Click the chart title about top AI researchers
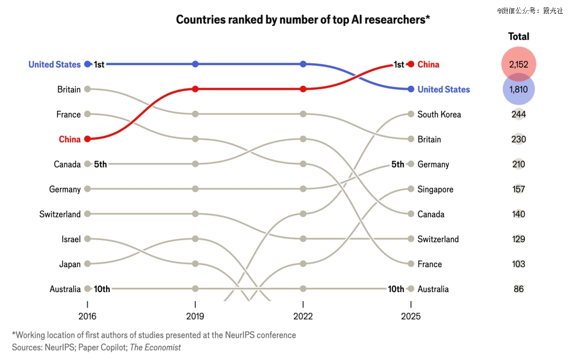[x=302, y=20]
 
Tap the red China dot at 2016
[x=88, y=139]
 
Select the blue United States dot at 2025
[x=411, y=89]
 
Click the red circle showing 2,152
[x=519, y=64]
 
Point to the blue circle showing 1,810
[x=518, y=89]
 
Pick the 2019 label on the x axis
[x=195, y=317]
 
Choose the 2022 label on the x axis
[x=303, y=317]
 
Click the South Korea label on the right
[x=439, y=114]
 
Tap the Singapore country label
[x=435, y=189]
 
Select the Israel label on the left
[x=71, y=239]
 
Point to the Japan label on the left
[x=70, y=264]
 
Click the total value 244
[x=518, y=114]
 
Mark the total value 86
[x=518, y=289]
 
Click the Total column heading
[x=518, y=37]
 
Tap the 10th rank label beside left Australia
[x=102, y=289]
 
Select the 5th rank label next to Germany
[x=397, y=164]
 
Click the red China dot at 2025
[x=411, y=64]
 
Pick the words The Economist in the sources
[x=155, y=347]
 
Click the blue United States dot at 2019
[x=195, y=64]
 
